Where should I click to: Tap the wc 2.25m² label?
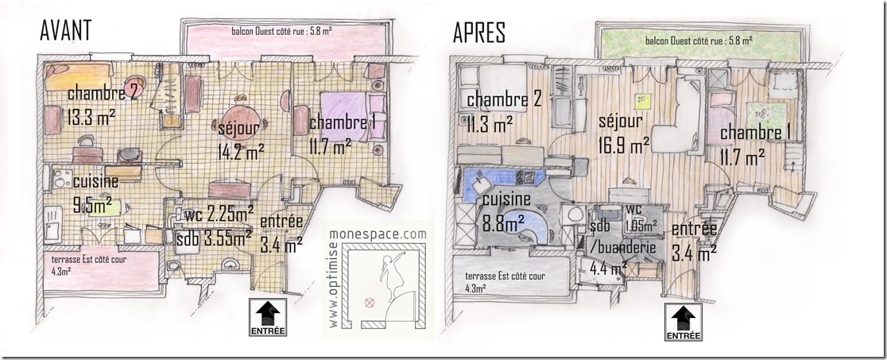(219, 212)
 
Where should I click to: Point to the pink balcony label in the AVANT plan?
(283, 33)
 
